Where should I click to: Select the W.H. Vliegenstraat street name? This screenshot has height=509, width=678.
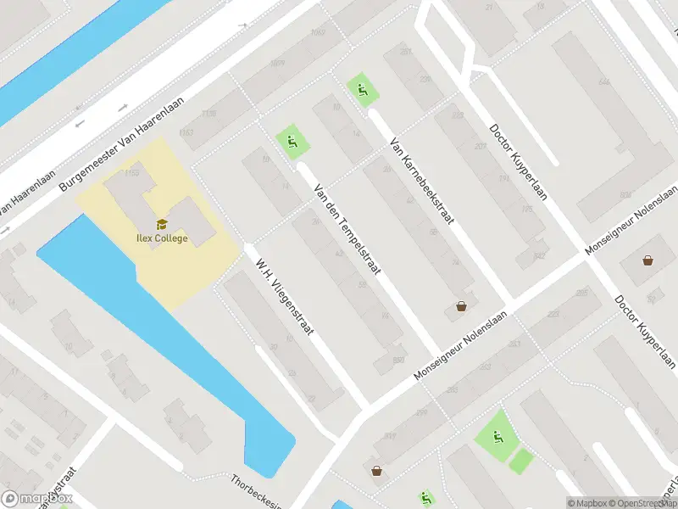[285, 297]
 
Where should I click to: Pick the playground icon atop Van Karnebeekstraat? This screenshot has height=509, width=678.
[363, 90]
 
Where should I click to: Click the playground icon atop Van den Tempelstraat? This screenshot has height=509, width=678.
[292, 142]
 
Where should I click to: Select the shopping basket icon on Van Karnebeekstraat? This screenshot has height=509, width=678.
[461, 306]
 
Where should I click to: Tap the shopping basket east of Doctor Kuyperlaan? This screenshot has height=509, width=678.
[648, 260]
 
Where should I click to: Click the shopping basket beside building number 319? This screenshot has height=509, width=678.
[375, 470]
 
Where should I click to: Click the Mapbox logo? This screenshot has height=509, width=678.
[37, 499]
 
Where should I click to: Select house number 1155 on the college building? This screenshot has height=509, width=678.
[131, 174]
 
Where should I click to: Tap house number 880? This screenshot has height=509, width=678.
[397, 359]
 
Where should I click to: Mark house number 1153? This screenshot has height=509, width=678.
[186, 132]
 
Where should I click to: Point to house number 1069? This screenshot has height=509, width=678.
[276, 63]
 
